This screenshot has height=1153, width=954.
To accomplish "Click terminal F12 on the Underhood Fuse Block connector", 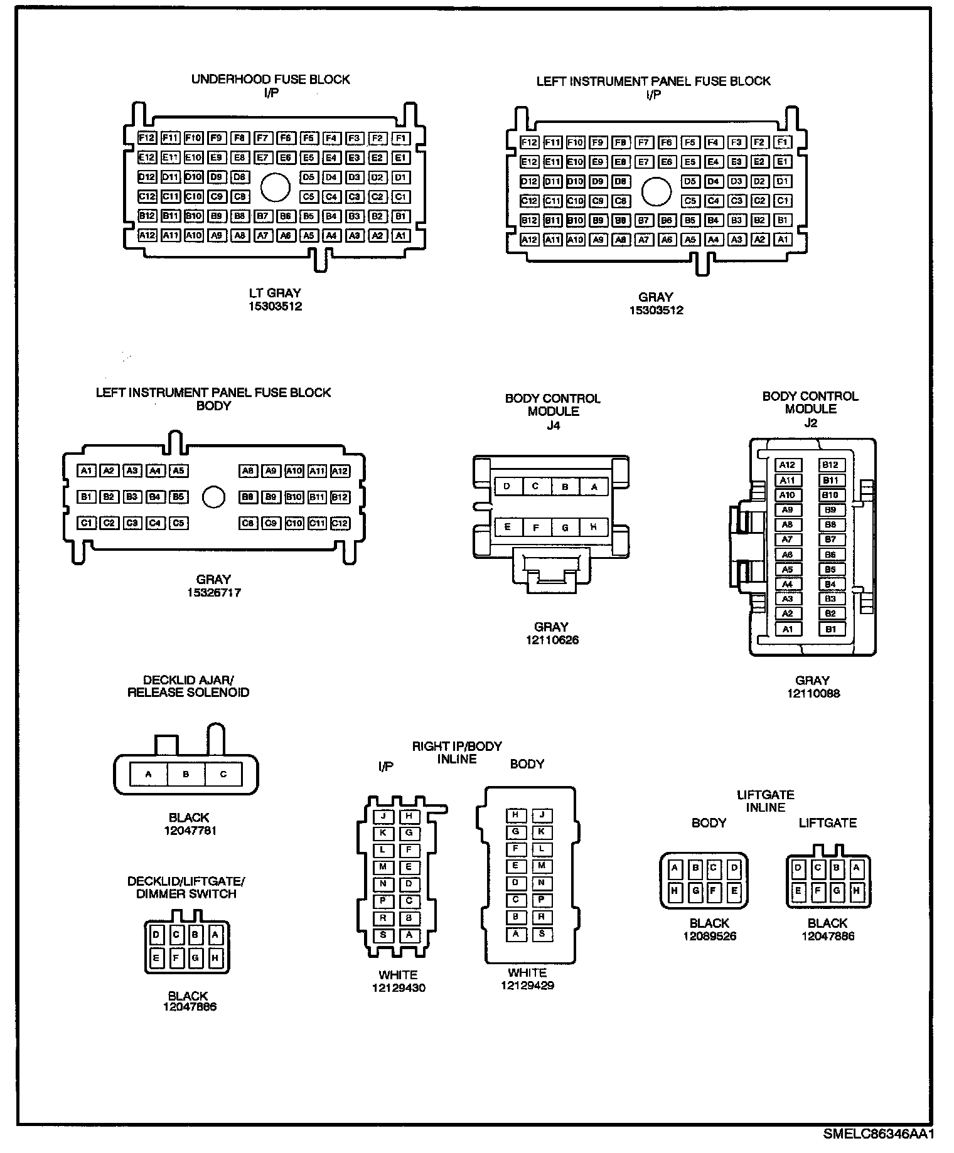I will tap(147, 138).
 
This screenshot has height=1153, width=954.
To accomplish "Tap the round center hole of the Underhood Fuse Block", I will tap(275, 186).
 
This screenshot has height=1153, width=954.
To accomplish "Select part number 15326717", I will tap(213, 592).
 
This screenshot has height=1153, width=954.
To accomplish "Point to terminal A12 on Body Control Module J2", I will tap(788, 465).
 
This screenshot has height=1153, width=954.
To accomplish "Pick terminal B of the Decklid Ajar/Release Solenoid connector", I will tap(186, 774).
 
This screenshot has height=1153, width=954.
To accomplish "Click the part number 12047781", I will tap(189, 831).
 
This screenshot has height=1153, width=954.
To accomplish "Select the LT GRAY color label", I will tap(276, 293).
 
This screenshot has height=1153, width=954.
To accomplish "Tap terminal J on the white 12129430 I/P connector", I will tap(383, 816).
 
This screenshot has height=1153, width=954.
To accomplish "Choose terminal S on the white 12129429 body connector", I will tap(541, 934).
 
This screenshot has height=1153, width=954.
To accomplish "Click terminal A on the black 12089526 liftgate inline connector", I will tap(675, 869).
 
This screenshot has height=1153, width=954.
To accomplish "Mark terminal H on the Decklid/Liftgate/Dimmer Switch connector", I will tap(215, 958).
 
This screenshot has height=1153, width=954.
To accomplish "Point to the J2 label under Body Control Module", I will tap(811, 423).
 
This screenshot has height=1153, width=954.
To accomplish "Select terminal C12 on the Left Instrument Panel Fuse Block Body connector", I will tap(340, 523).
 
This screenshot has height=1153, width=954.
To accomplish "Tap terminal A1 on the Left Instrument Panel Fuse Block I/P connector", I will tap(783, 240).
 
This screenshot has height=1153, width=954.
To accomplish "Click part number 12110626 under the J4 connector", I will tap(552, 640).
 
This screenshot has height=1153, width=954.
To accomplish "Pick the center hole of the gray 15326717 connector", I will tap(213, 497).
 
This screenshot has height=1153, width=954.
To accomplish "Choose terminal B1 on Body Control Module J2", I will tap(830, 629).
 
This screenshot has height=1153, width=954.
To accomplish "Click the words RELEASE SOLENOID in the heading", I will tap(188, 693).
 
